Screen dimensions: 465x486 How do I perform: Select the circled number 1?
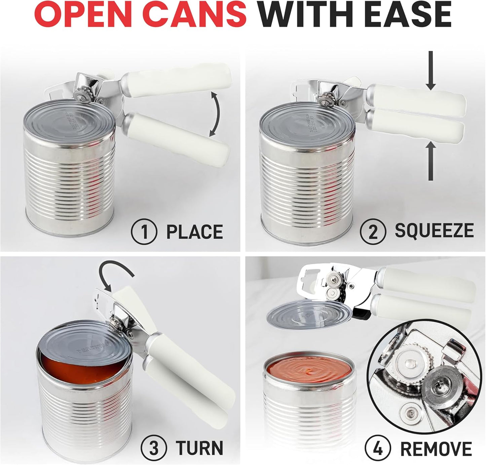144,232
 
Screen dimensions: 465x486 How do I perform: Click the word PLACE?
195,232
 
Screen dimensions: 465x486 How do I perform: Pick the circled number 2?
373,231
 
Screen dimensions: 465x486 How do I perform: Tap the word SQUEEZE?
434,231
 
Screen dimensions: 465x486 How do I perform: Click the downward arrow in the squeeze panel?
430,72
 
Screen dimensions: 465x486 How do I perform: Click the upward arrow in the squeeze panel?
431,161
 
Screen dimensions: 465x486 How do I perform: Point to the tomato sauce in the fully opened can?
308,372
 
